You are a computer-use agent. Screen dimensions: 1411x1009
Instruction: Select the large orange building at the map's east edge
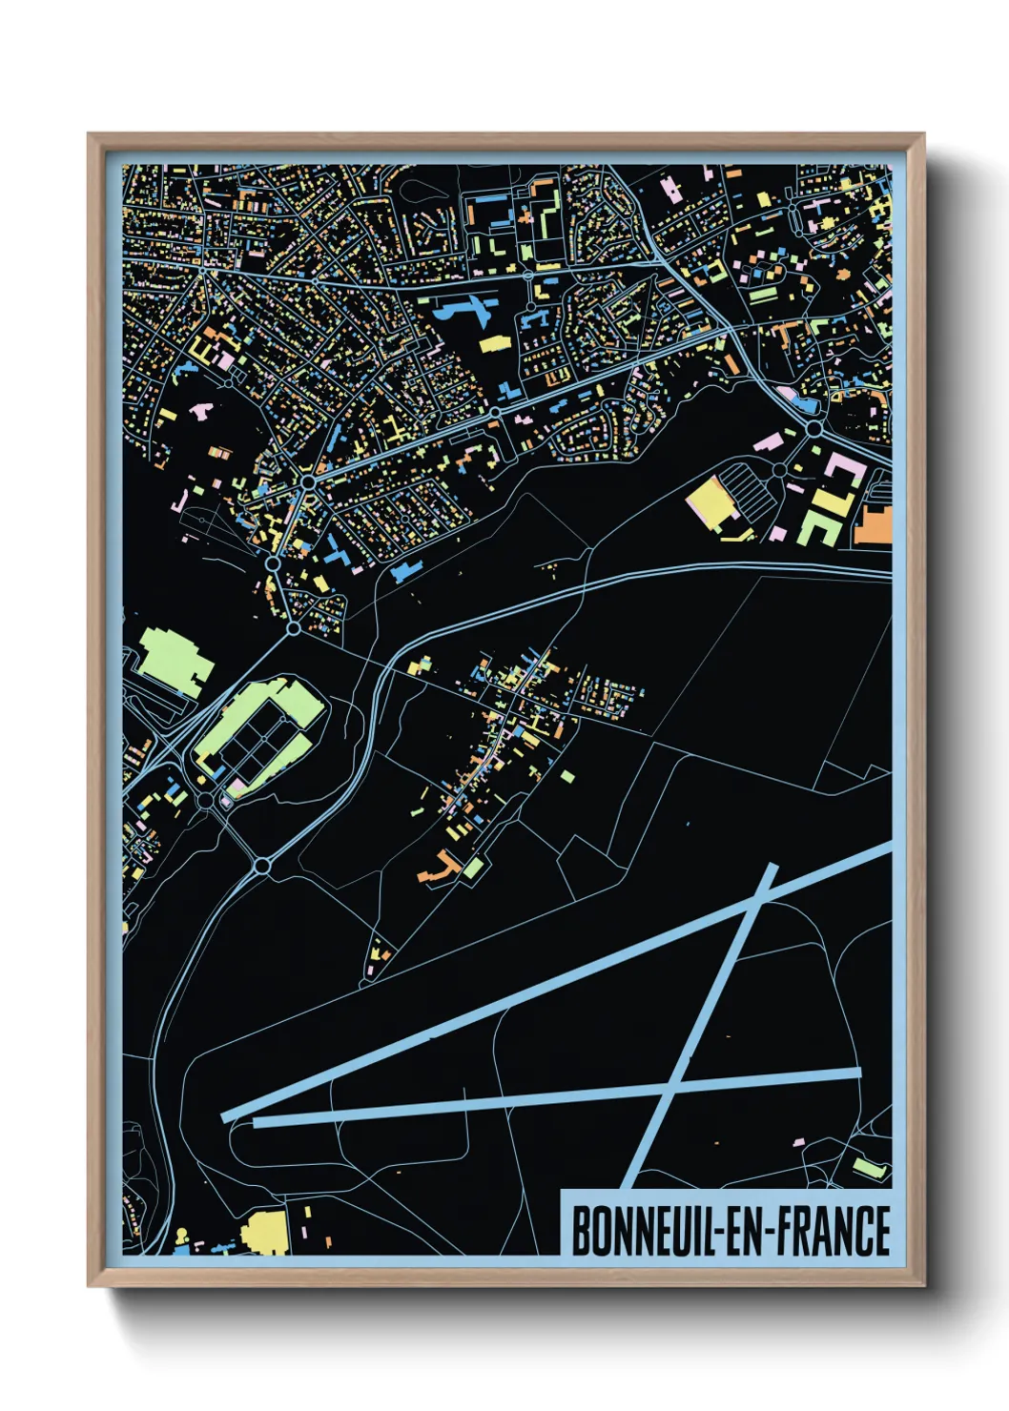pos(873,525)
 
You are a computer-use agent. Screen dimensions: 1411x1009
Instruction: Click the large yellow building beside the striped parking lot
pos(707,501)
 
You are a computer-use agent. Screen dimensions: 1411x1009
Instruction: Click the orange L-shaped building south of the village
pos(440,869)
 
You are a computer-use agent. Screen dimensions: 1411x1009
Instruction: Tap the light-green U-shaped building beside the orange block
pos(820,521)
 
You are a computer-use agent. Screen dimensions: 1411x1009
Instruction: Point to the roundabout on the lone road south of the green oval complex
pos(263,866)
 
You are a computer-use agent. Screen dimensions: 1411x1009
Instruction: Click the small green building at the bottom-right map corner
pos(867,1167)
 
